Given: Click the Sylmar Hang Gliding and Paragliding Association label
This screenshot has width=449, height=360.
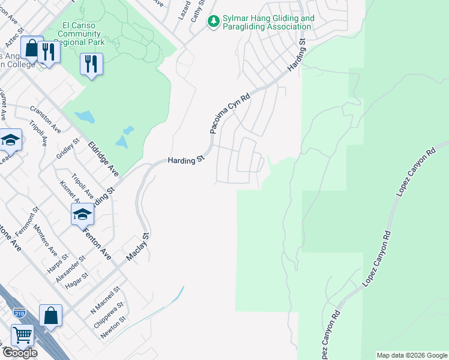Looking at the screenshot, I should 268,23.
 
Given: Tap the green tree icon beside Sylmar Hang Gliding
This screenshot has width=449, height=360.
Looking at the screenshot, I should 213,22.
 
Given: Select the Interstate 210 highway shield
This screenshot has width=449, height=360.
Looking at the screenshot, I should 19,313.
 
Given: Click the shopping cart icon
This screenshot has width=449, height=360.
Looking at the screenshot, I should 22,335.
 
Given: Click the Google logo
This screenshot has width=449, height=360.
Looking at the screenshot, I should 19,353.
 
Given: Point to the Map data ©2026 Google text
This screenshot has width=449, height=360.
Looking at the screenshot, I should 412,355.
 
